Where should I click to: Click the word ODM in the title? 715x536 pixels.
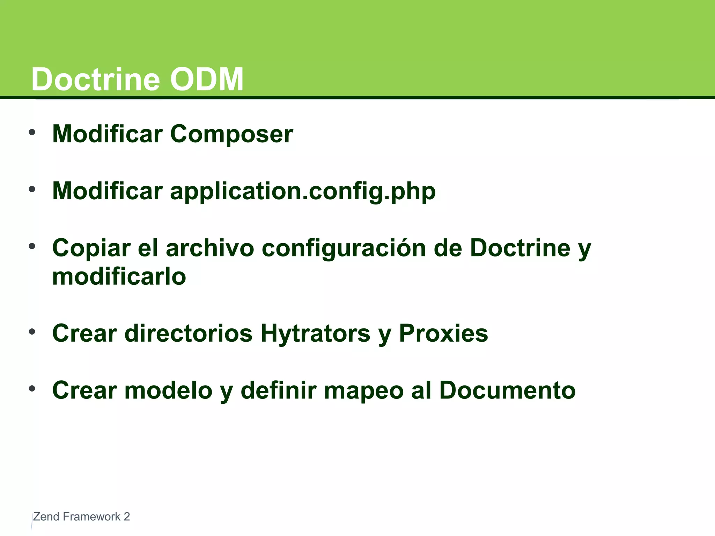pos(207,80)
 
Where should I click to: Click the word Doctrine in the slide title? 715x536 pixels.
pos(96,80)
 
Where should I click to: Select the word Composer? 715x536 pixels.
pos(231,134)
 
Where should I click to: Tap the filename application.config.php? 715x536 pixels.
pos(303,191)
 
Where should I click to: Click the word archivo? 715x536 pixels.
pos(210,248)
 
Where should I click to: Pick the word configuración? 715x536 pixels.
pos(344,248)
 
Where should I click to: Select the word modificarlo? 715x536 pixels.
pos(119,277)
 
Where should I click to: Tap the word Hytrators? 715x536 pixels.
pos(315,333)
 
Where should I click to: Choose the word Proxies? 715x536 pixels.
pos(443,333)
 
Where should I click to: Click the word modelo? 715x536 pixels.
pos(168,390)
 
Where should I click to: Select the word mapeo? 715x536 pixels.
pos(364,390)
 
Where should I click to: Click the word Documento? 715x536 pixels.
pos(507,390)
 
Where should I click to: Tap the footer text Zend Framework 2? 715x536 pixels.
pos(81,516)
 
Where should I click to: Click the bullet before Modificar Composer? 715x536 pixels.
pos(32,133)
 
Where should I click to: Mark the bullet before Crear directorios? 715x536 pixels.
pos(32,332)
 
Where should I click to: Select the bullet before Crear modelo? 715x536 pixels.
pos(32,389)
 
